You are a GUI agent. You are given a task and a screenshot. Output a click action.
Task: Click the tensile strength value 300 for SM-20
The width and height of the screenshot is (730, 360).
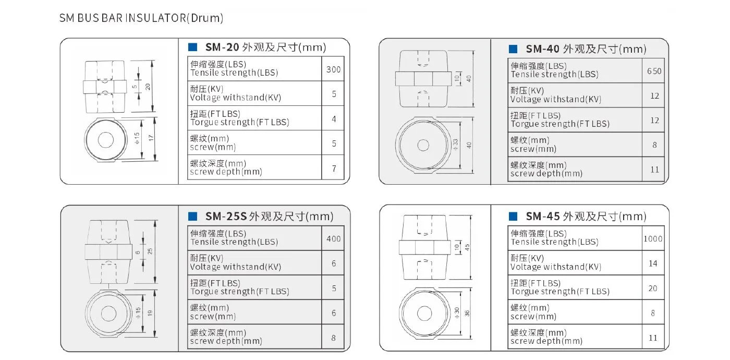tap(333, 69)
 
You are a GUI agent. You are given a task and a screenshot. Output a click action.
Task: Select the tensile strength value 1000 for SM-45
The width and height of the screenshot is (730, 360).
tap(653, 239)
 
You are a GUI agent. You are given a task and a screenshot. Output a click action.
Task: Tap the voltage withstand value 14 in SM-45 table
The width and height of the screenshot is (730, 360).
tap(653, 263)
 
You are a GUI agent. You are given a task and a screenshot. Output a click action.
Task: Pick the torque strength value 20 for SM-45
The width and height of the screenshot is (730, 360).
tap(653, 288)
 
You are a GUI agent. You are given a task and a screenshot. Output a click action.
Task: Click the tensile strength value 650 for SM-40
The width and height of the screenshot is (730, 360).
tap(654, 71)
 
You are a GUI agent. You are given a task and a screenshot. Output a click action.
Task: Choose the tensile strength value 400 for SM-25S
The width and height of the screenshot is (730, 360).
tap(333, 239)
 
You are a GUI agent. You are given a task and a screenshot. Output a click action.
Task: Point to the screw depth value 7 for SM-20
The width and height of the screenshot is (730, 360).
tap(334, 169)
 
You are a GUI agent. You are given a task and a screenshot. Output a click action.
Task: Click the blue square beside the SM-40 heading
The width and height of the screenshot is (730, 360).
tap(513, 49)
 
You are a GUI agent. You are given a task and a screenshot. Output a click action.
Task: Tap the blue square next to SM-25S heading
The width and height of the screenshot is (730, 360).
tap(192, 216)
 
